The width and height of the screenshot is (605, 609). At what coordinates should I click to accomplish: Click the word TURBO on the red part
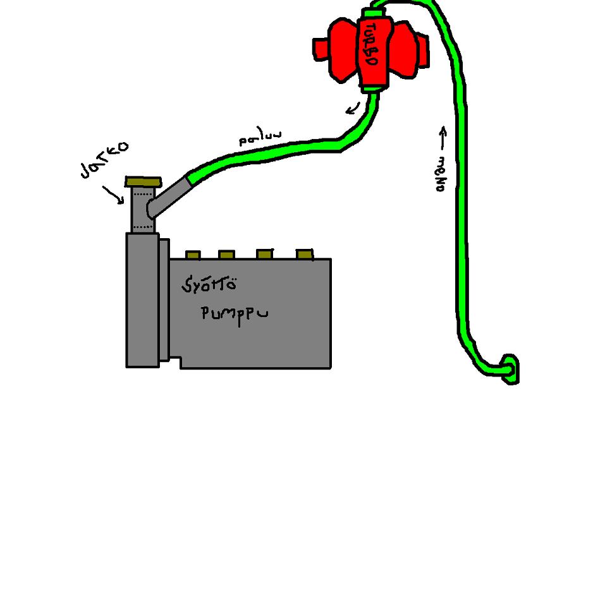point(371,46)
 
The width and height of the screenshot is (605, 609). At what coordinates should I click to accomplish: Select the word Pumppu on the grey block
point(234,314)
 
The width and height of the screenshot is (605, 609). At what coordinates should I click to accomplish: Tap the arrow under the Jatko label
point(114,195)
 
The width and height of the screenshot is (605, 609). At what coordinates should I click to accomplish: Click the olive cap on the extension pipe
point(144,182)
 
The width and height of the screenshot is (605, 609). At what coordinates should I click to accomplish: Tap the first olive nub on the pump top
point(193,255)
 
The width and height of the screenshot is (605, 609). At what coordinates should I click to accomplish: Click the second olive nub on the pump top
point(226,255)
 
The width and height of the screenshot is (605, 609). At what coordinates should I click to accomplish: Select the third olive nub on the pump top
point(265,254)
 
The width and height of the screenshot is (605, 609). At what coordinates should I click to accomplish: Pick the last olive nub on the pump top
point(305,254)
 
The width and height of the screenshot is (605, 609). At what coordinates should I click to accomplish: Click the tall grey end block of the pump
point(142,299)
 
